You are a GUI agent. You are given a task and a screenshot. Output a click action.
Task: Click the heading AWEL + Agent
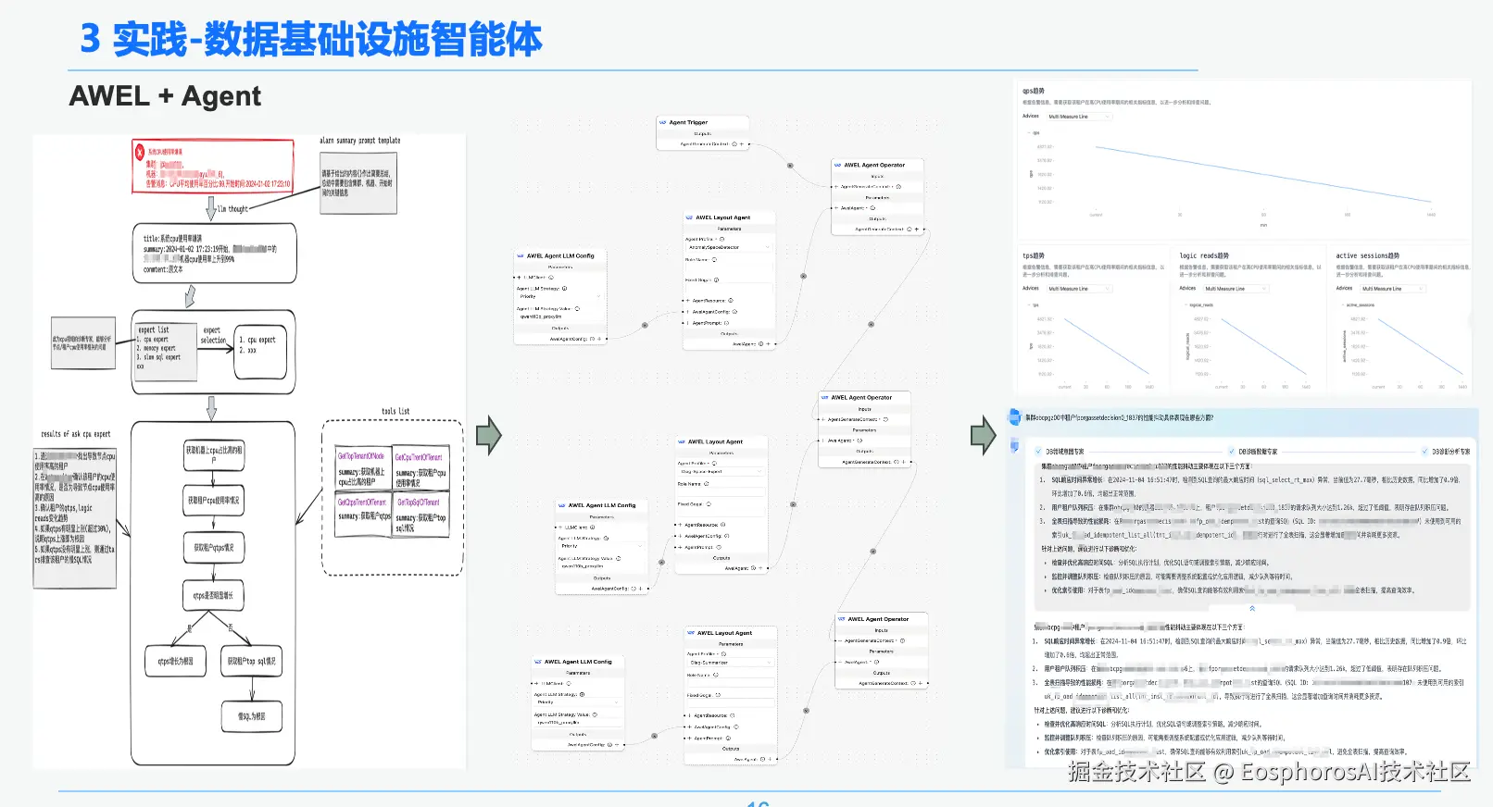tap(165, 96)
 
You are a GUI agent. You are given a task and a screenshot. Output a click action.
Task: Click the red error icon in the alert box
tap(140, 152)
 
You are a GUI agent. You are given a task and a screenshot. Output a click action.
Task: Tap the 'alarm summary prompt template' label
tap(360, 141)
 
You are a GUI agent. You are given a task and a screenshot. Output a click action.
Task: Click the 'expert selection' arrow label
tap(213, 335)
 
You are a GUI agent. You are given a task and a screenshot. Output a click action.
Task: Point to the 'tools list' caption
tap(395, 411)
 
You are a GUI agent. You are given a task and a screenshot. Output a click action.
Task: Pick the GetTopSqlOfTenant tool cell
tap(420, 515)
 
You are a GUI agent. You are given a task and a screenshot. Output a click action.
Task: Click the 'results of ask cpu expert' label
tap(76, 434)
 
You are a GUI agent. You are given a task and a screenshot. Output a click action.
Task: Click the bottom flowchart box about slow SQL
tap(251, 716)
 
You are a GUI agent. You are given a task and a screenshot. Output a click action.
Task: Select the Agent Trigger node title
tap(688, 122)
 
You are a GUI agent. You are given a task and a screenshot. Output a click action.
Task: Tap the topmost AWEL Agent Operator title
tap(874, 165)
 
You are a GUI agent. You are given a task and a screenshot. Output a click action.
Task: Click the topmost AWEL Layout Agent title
tap(722, 217)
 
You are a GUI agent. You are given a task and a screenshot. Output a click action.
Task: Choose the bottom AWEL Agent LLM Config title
tap(578, 662)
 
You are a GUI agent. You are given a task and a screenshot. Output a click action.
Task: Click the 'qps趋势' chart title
tap(1034, 91)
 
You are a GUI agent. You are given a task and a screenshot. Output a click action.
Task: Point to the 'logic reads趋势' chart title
tap(1204, 255)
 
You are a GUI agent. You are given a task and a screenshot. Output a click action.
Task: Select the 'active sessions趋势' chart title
tap(1367, 255)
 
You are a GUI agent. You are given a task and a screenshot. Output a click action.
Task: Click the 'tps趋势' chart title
tap(1034, 255)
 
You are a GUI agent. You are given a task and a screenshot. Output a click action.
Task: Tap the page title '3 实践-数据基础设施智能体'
tap(311, 40)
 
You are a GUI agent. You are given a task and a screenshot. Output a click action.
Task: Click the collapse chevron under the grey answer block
tap(1252, 608)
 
